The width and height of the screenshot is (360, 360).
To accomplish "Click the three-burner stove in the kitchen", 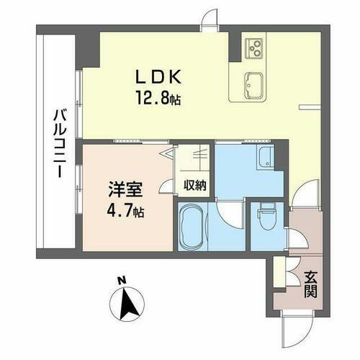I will click(255, 47).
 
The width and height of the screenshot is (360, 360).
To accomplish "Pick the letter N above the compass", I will click(122, 280).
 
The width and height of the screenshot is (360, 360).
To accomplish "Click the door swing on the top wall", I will click(208, 20).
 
